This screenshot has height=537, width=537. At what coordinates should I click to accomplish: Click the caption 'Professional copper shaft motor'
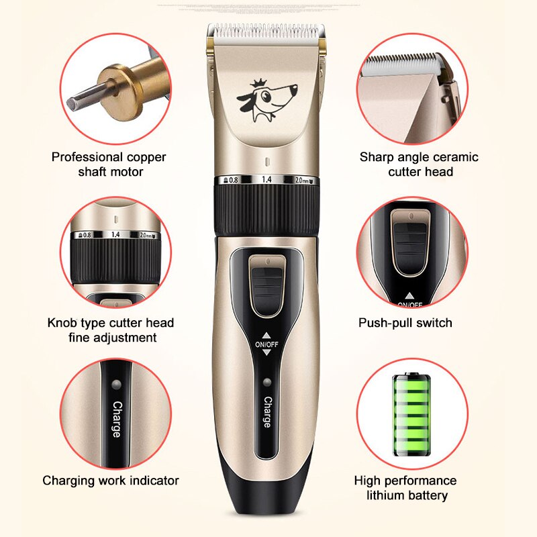pyautogui.click(x=109, y=164)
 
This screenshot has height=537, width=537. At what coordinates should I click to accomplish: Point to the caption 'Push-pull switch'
pyautogui.click(x=405, y=323)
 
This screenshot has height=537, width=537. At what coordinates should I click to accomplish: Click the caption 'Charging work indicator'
pyautogui.click(x=111, y=481)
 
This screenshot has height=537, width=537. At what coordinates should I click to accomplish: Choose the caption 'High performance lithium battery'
pyautogui.click(x=405, y=488)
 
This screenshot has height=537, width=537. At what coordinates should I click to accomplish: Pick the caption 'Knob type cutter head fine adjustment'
pyautogui.click(x=111, y=330)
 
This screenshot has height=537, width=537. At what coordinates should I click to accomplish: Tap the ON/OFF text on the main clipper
pyautogui.click(x=266, y=345)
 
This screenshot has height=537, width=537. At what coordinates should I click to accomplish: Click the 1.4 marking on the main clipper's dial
pyautogui.click(x=266, y=180)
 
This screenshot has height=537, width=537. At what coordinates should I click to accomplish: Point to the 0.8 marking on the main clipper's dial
pyautogui.click(x=232, y=180)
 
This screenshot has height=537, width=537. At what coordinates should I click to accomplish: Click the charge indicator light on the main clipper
pyautogui.click(x=266, y=383)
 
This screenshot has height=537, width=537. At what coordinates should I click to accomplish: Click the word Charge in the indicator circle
pyautogui.click(x=117, y=419)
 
